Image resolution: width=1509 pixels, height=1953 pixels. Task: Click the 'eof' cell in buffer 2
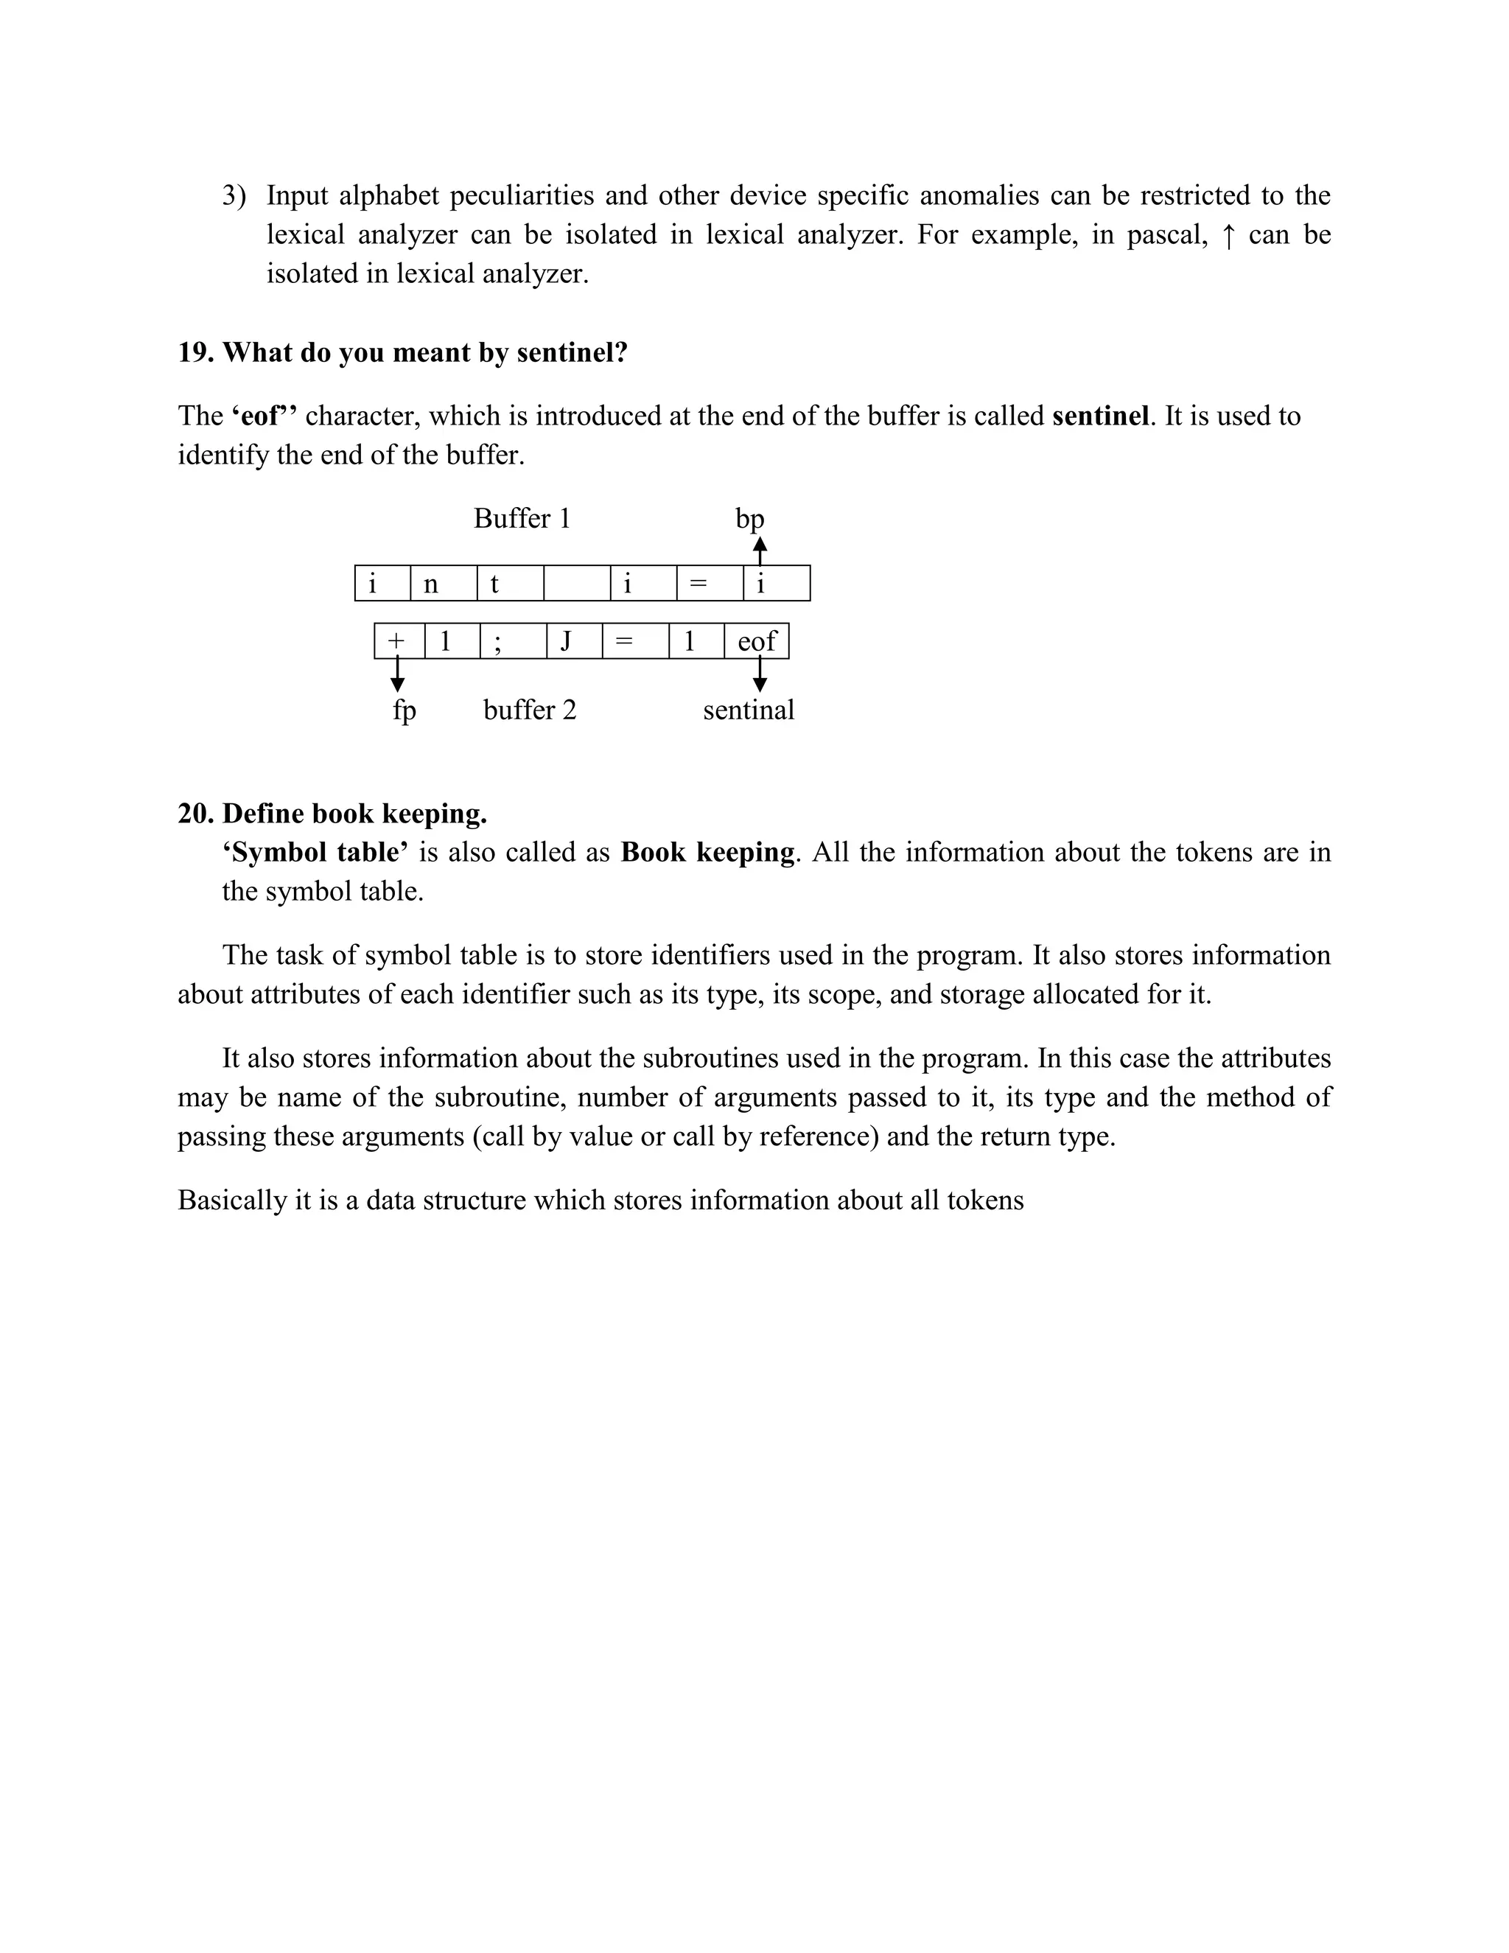(756, 641)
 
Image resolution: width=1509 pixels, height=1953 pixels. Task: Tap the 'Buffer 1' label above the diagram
(522, 519)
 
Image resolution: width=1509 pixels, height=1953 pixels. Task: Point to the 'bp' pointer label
(749, 519)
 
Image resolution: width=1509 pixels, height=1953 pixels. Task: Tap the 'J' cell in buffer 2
(566, 641)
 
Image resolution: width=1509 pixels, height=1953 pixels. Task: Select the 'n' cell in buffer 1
(431, 584)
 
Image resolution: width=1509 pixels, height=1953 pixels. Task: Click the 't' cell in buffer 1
(494, 584)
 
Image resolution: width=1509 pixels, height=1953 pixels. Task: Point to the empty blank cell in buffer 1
(577, 584)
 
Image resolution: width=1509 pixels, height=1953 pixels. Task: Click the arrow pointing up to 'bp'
(760, 549)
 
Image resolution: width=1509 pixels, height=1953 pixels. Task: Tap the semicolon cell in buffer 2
(498, 641)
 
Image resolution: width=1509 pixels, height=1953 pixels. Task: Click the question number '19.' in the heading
(196, 352)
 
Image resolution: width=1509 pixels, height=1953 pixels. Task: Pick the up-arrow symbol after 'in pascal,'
(1228, 236)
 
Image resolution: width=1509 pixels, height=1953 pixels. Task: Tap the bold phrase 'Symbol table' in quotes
(315, 852)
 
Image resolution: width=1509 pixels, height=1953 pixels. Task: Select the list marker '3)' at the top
(234, 196)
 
